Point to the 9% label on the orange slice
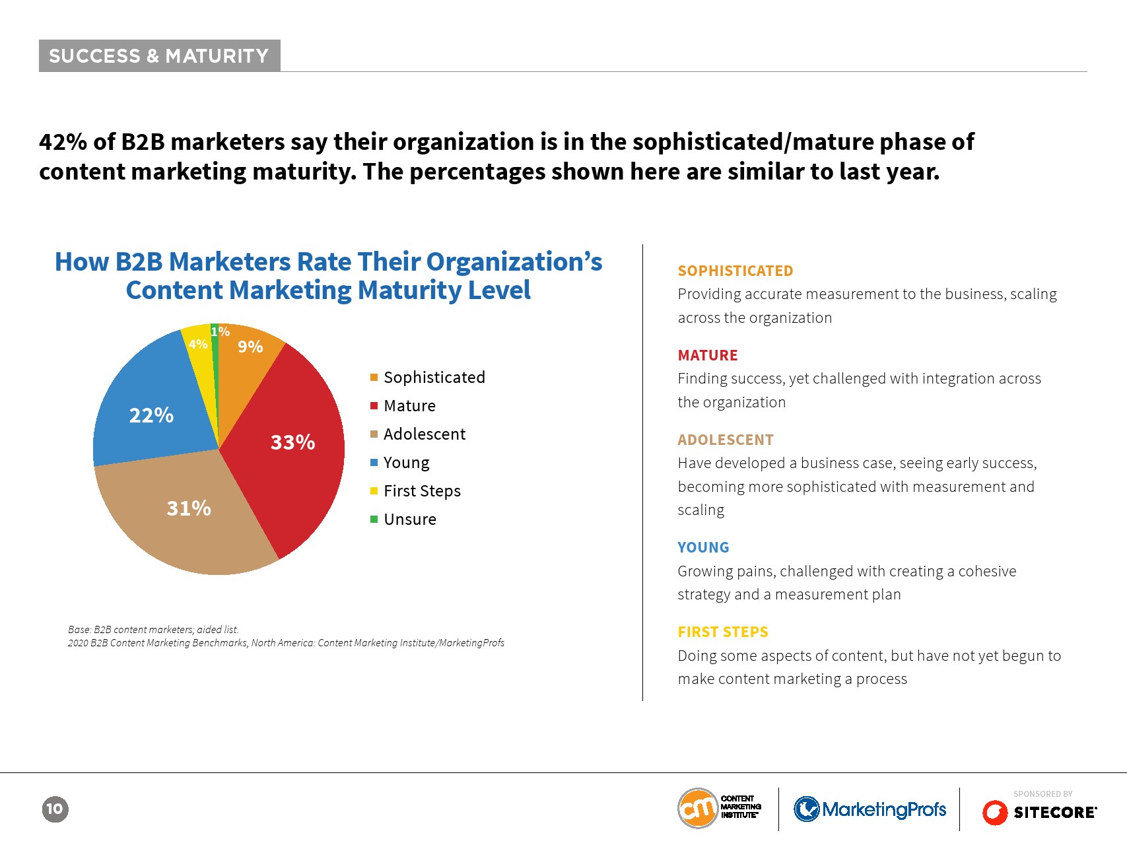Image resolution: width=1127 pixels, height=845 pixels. (250, 347)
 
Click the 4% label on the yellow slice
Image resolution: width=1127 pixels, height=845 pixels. (198, 344)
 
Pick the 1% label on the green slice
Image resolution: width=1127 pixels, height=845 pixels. (221, 331)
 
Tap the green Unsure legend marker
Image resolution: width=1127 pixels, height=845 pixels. (374, 520)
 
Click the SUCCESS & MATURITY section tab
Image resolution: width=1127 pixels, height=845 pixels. (159, 56)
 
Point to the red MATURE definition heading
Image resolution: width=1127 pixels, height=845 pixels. (708, 355)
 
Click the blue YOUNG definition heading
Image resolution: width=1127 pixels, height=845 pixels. (703, 547)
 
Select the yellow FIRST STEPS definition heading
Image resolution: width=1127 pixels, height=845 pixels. (723, 632)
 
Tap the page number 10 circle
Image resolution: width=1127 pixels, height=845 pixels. (55, 809)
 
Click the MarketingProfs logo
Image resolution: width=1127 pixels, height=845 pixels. (870, 809)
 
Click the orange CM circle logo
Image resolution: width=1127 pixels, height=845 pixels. (698, 808)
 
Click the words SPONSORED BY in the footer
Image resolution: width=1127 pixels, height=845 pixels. (1043, 794)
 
